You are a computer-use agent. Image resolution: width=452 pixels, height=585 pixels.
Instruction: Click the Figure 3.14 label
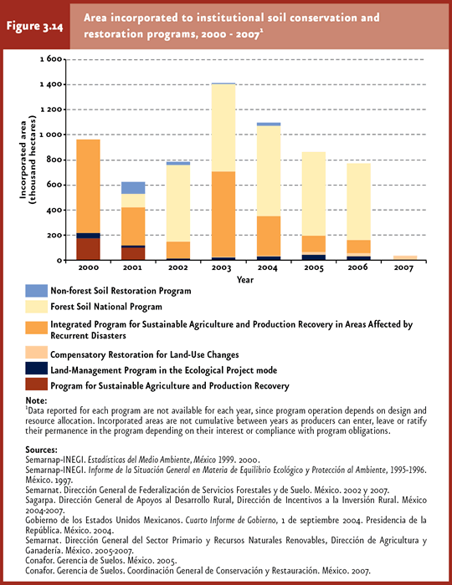[34, 27]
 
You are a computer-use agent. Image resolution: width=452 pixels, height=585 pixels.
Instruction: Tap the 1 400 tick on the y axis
[51, 84]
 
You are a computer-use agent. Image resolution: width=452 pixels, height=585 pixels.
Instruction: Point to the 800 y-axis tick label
[54, 160]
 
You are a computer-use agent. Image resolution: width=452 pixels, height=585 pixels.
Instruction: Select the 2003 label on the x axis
[222, 267]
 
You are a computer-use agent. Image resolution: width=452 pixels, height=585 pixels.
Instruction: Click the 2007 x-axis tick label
[403, 267]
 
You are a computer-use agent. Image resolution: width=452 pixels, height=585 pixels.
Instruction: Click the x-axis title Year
[245, 280]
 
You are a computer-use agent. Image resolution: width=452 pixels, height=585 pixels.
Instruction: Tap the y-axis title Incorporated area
[23, 160]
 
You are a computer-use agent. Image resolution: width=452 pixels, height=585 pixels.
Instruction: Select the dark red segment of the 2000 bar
[88, 249]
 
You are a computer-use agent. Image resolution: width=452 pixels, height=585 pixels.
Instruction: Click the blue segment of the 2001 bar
[133, 188]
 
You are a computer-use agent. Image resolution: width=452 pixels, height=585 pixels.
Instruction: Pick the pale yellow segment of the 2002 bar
[178, 203]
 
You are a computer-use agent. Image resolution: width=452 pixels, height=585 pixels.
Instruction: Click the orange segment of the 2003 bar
[223, 214]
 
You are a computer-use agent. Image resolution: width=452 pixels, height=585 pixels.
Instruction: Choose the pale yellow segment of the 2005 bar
[314, 194]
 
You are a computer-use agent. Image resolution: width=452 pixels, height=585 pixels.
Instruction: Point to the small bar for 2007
[405, 257]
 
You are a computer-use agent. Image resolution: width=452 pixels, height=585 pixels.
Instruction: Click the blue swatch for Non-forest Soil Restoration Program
[37, 291]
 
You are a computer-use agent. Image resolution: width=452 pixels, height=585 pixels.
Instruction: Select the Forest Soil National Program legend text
[106, 307]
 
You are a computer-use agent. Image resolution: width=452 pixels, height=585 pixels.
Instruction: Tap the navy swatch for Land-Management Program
[37, 369]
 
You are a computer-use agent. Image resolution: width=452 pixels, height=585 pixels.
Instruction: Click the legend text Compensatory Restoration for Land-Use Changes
[145, 354]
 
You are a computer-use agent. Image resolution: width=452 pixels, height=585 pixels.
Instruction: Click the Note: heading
[36, 400]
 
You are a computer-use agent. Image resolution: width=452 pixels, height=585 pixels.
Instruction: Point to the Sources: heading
[42, 450]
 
